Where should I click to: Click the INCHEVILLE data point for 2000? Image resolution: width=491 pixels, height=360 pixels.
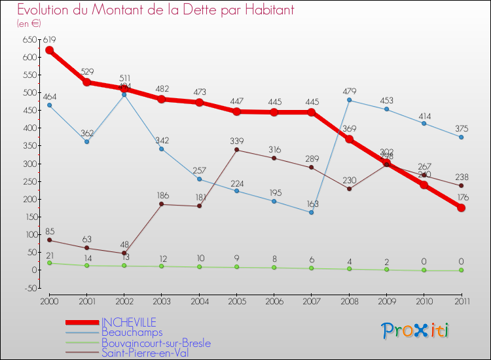(49, 50)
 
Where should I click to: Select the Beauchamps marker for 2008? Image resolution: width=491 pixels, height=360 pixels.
(349, 100)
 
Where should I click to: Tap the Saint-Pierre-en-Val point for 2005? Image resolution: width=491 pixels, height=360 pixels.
(236, 150)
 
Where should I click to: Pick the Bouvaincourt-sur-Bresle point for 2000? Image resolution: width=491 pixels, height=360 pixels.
(49, 262)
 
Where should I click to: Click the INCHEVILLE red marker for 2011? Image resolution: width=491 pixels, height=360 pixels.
(462, 207)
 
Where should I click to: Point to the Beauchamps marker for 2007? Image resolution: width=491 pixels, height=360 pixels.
(312, 212)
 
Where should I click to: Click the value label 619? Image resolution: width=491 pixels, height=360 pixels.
(49, 40)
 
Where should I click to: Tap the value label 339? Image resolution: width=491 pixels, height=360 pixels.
(237, 140)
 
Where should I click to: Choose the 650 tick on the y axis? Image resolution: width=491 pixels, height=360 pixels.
(29, 39)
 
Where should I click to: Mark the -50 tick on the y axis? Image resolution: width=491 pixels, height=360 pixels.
(29, 287)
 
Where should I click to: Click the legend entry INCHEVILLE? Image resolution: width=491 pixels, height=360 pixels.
(128, 322)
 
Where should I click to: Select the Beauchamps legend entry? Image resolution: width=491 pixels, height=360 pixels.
(132, 333)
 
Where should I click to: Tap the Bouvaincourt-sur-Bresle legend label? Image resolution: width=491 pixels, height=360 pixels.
(156, 343)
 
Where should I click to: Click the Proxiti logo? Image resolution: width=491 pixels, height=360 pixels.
(416, 331)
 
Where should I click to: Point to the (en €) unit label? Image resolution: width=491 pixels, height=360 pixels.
(29, 24)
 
